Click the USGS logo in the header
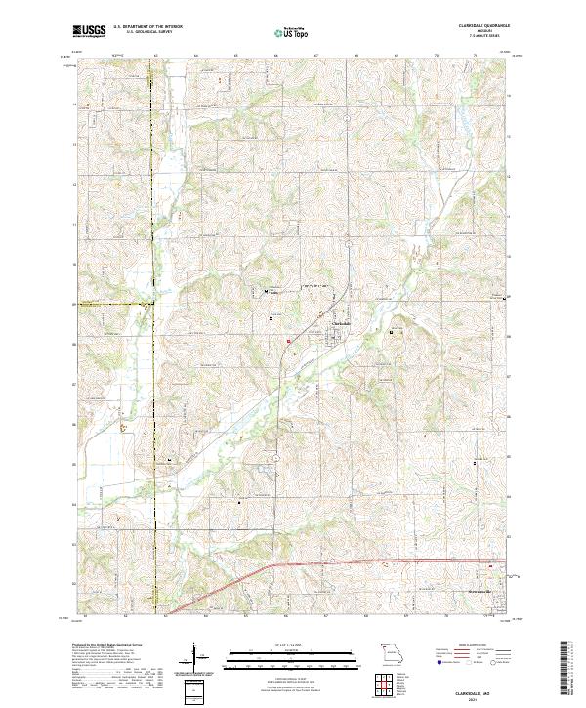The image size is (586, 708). (x=90, y=33)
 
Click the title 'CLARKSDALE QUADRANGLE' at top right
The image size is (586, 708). (x=481, y=27)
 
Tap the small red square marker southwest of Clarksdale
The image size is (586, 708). (x=289, y=340)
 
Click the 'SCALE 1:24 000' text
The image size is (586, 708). (x=279, y=646)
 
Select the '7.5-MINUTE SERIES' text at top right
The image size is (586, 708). (x=481, y=37)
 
